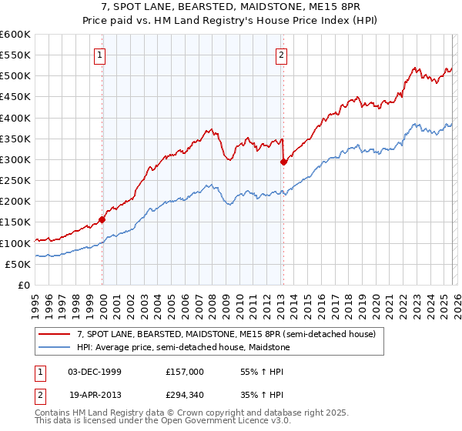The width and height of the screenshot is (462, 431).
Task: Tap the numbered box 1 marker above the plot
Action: pos(101,55)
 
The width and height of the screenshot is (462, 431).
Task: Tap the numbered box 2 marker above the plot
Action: pos(282,55)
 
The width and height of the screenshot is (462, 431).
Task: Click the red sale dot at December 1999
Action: pos(102,219)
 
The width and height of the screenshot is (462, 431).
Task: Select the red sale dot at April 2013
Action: pos(283,162)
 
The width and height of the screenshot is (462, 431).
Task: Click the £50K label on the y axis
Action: pos(18,264)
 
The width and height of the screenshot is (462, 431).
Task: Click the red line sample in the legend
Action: pos(55,334)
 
